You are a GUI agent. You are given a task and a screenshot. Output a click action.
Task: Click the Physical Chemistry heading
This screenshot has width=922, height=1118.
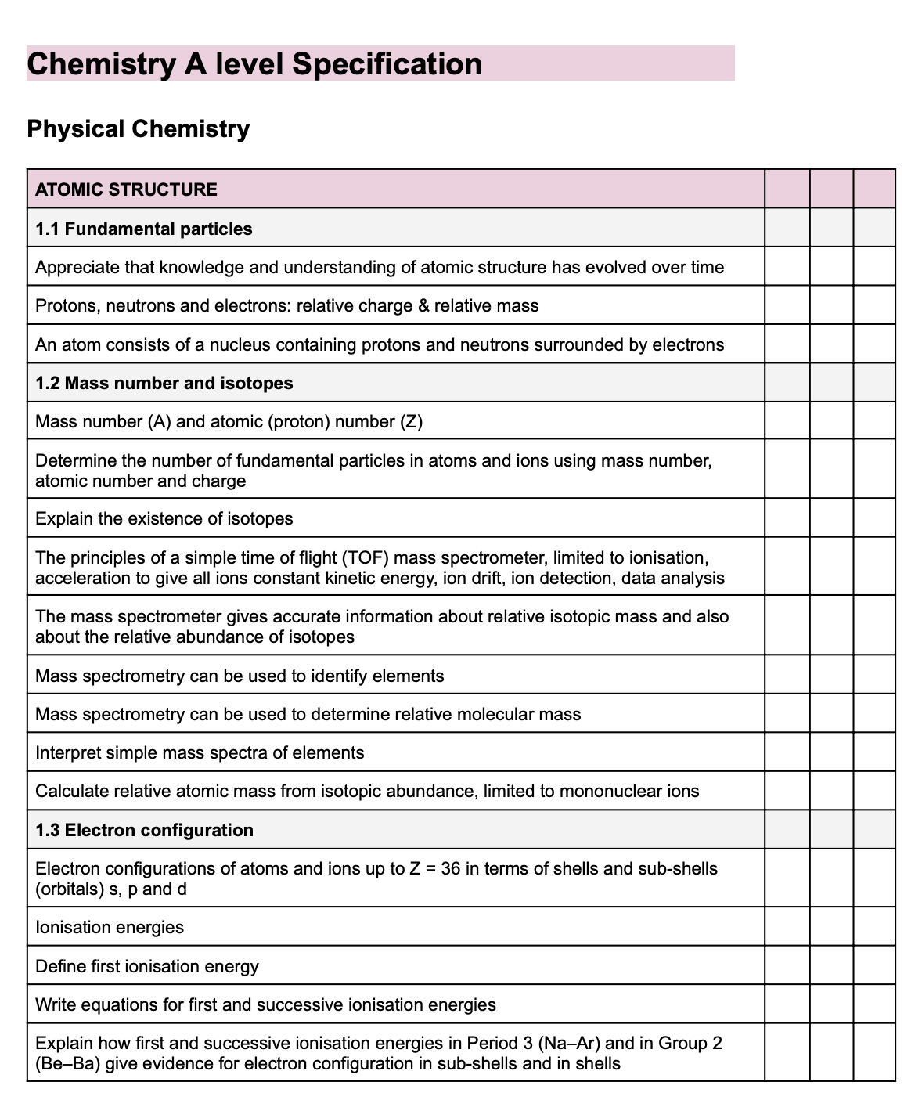coord(139,128)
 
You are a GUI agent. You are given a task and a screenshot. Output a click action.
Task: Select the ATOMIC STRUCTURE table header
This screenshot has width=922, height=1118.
coord(126,189)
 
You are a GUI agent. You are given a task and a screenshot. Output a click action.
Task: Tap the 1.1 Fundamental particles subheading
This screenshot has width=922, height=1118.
coord(144,229)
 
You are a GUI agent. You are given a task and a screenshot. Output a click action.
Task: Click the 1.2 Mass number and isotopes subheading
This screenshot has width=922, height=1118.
coord(164,383)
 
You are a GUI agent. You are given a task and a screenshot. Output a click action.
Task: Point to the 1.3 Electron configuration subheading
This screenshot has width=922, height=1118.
coord(145,830)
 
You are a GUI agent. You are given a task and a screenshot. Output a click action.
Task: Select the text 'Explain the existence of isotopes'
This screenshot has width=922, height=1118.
coord(164,518)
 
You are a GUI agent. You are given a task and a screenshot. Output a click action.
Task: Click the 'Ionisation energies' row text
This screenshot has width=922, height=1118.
coord(110,927)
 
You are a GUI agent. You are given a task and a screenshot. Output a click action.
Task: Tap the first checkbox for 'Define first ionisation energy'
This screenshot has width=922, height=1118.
coord(787,965)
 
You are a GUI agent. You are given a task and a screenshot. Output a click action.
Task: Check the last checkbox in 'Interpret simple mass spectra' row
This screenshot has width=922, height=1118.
coord(873,752)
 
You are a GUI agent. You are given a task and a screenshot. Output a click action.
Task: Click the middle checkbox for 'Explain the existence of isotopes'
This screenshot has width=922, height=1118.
coord(831,518)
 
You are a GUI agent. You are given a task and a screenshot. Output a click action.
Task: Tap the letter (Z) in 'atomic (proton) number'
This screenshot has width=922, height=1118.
coord(412,422)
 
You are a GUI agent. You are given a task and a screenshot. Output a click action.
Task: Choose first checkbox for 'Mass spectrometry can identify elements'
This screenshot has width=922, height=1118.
coord(787,675)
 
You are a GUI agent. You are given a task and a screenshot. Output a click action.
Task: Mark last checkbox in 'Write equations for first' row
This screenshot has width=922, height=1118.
coord(873,1004)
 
